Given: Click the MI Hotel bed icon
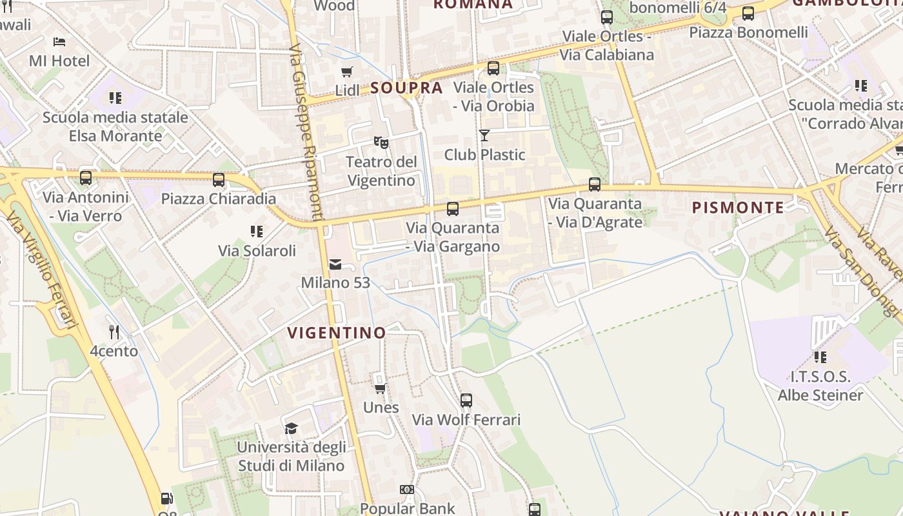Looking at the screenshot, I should [x=59, y=42].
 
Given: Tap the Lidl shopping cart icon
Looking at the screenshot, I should [x=347, y=72].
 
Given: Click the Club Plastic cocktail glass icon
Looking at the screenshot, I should [x=484, y=135].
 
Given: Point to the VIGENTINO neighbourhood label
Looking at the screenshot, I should [x=337, y=333].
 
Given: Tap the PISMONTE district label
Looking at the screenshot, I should [x=738, y=208].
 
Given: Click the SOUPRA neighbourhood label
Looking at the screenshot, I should [x=406, y=88].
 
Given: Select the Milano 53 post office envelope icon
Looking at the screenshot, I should [x=335, y=264].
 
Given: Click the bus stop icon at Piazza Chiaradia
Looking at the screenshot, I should [x=219, y=180].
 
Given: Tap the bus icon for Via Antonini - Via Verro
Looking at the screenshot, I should [x=86, y=178].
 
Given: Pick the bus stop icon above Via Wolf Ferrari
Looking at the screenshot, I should [x=466, y=401].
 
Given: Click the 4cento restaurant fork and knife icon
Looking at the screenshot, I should [x=114, y=332].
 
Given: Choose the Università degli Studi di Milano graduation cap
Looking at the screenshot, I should [x=292, y=428].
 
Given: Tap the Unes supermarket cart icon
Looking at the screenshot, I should [x=381, y=388].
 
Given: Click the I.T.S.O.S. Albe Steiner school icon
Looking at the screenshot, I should [x=820, y=357].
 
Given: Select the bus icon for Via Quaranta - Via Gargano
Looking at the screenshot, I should [x=453, y=209].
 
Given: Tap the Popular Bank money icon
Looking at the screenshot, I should [x=407, y=490].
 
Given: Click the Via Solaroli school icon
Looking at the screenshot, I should [x=257, y=232].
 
